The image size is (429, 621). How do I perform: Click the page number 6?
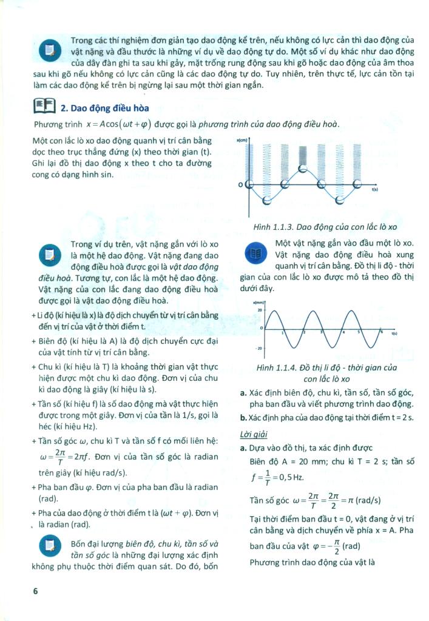click(36, 590)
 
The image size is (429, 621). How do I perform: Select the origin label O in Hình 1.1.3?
click(240, 184)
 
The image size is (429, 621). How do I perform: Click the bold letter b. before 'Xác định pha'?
click(243, 418)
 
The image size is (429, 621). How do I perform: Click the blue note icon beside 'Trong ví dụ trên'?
click(47, 253)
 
